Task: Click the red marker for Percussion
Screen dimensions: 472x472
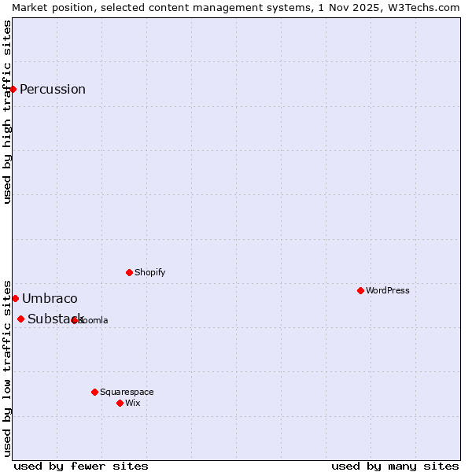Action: pos(13,89)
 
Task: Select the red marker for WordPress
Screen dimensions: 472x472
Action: pos(361,290)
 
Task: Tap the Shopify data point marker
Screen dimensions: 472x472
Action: pos(130,272)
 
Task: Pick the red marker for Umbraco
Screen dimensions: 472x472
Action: pos(15,298)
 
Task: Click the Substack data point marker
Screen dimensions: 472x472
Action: pos(21,319)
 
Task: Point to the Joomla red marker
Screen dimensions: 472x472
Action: pos(75,320)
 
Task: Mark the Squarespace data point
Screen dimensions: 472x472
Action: pos(95,392)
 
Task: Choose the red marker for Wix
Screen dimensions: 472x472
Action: pos(120,403)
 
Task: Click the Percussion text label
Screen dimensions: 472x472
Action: pos(53,89)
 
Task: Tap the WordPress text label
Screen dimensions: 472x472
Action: pos(388,290)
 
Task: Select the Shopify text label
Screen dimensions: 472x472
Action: pos(150,272)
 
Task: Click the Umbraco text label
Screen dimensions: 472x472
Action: pos(50,298)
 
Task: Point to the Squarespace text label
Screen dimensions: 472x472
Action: pos(127,392)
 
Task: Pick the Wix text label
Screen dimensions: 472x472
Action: pos(133,403)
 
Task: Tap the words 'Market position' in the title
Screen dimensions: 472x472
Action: pos(47,7)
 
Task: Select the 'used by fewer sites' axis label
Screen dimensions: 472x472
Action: pos(81,466)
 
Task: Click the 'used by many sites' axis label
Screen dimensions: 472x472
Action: pos(395,466)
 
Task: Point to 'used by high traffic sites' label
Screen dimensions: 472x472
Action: pos(7,112)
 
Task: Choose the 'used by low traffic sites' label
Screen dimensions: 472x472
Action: pos(7,367)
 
